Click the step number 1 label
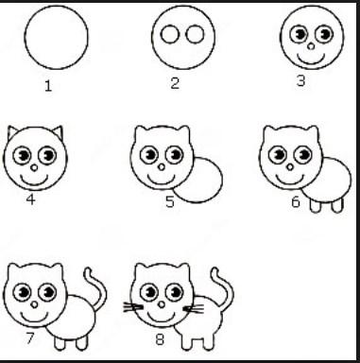(48, 86)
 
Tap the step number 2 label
(175, 83)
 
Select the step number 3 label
(301, 80)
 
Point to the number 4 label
(30, 199)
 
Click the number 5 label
(170, 201)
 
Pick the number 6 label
(296, 201)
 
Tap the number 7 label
(30, 338)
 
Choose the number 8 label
(160, 339)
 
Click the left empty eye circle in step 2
(170, 34)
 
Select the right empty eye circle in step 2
(195, 34)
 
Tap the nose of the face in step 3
(311, 46)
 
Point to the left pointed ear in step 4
(11, 132)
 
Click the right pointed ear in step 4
(59, 132)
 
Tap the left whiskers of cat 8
(133, 306)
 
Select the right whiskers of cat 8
(194, 309)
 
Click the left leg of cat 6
(316, 206)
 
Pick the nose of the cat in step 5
(162, 167)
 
